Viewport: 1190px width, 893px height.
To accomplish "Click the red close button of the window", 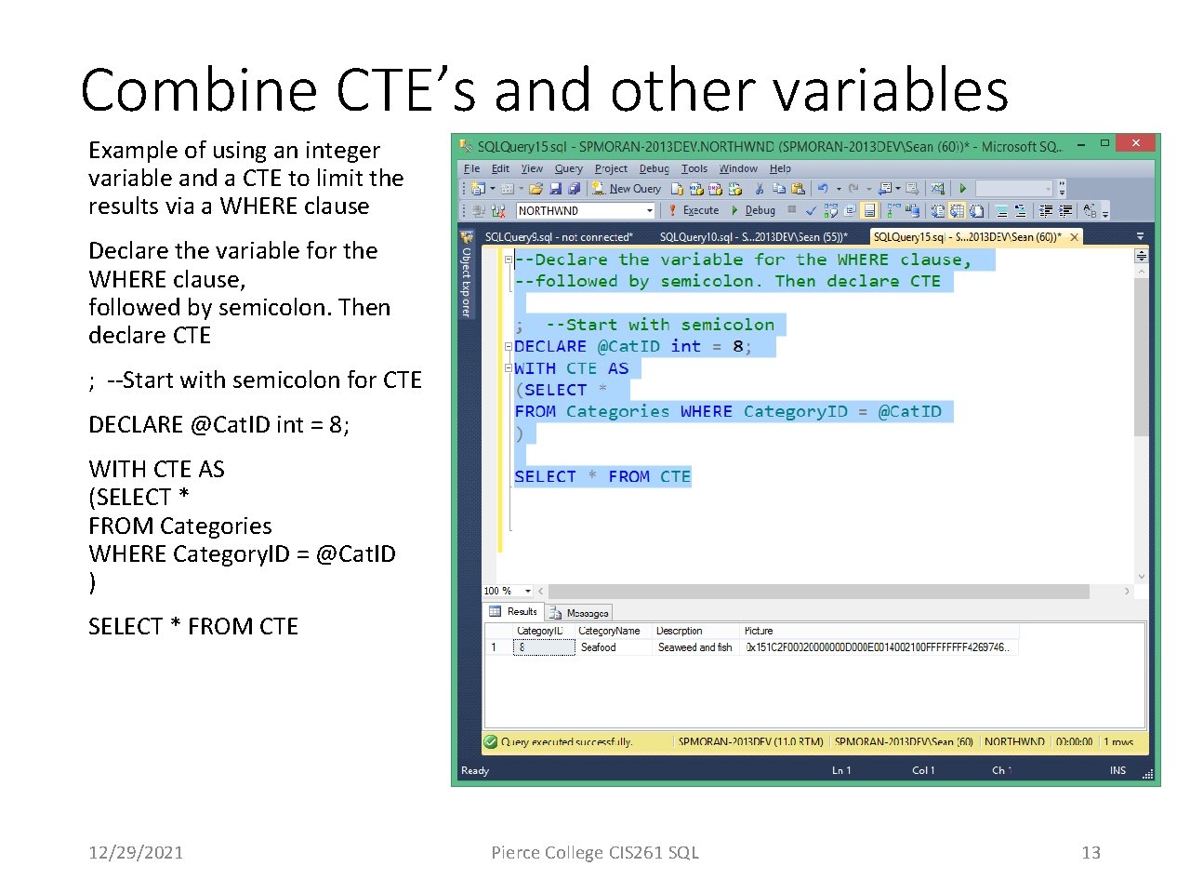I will pos(1135,143).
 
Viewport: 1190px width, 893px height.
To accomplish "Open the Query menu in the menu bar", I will pos(568,169).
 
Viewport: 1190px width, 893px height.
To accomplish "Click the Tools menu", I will pos(694,169).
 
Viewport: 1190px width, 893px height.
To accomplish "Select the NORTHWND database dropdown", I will pos(585,210).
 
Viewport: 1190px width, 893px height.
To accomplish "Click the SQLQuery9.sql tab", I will pos(558,237).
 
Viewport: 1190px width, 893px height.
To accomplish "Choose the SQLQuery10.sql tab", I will pos(753,237).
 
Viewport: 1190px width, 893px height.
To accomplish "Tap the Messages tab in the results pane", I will pos(580,613).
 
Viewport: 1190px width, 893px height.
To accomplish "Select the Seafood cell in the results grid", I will pos(599,647).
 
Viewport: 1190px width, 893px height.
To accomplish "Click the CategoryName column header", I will pos(609,631).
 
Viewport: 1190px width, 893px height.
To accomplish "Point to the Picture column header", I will pos(759,631).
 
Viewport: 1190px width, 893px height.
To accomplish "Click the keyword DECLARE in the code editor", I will pos(550,346).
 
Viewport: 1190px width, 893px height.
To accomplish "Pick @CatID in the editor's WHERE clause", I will pos(909,411).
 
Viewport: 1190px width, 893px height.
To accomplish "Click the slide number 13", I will pos(1091,852).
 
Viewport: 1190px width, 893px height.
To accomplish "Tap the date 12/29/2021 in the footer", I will pos(136,852).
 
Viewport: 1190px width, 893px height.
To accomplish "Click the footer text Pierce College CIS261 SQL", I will pos(595,852).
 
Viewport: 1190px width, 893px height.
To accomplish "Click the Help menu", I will pos(780,169).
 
